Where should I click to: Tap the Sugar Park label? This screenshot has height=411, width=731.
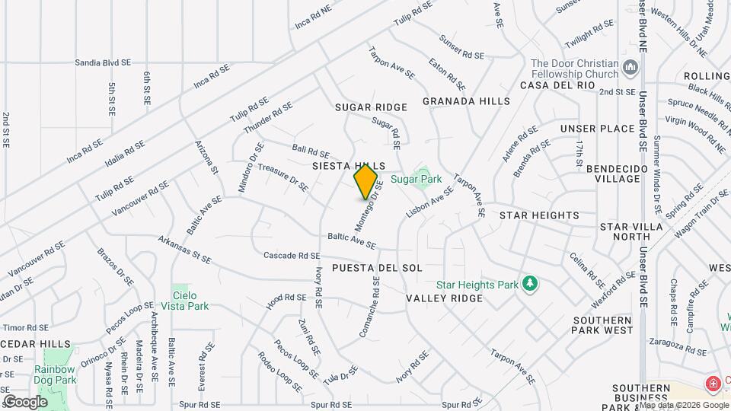tap(417, 180)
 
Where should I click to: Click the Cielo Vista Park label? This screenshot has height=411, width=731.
tap(190, 301)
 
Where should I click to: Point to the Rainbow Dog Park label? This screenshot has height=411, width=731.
tap(55, 374)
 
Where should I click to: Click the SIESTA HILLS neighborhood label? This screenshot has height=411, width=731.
tap(349, 165)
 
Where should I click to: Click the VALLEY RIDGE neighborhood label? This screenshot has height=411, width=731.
tap(445, 298)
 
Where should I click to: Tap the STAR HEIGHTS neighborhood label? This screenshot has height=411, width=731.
tap(539, 216)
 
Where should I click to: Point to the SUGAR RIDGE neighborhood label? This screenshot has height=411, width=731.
tap(372, 108)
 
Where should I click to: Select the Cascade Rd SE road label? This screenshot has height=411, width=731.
tap(292, 256)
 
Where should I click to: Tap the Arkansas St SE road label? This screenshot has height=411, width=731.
tap(184, 250)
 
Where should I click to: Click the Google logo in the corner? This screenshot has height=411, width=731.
tap(25, 401)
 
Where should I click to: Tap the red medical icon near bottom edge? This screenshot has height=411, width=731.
tap(713, 383)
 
